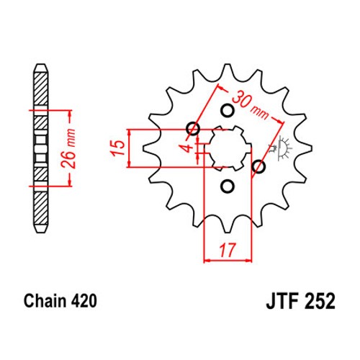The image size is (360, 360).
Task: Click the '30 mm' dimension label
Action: [251, 106]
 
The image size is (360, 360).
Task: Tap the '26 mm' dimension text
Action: [68, 148]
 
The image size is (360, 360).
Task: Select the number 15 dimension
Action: [118, 148]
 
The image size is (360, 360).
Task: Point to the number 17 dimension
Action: [227, 251]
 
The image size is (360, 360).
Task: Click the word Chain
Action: [45, 301]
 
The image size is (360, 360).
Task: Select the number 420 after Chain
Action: [84, 301]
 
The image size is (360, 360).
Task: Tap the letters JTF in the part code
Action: [282, 301]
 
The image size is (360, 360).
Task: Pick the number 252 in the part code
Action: [320, 301]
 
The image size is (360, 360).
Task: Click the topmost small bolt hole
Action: [227, 111]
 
